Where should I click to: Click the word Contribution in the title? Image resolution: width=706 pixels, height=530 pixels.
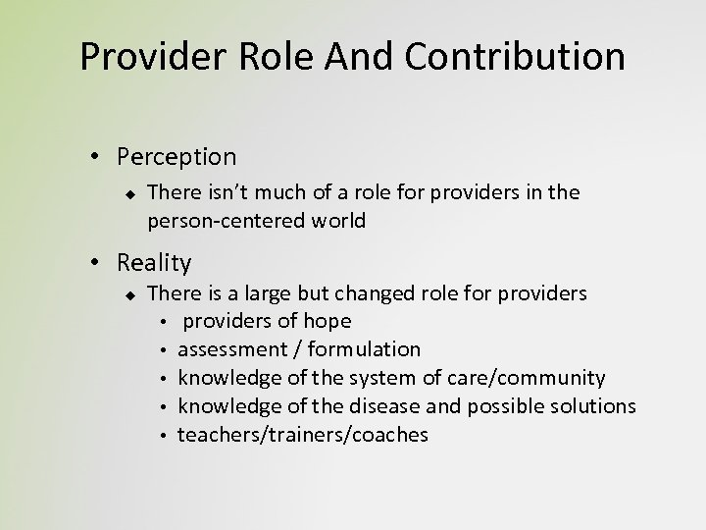pos(526,56)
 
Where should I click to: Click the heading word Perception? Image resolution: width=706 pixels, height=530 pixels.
pos(176,156)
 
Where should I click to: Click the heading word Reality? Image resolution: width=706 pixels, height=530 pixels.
pos(154,262)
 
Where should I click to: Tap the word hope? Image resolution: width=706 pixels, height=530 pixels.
pos(328,321)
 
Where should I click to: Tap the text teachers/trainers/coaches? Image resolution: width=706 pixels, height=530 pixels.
pos(303,435)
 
